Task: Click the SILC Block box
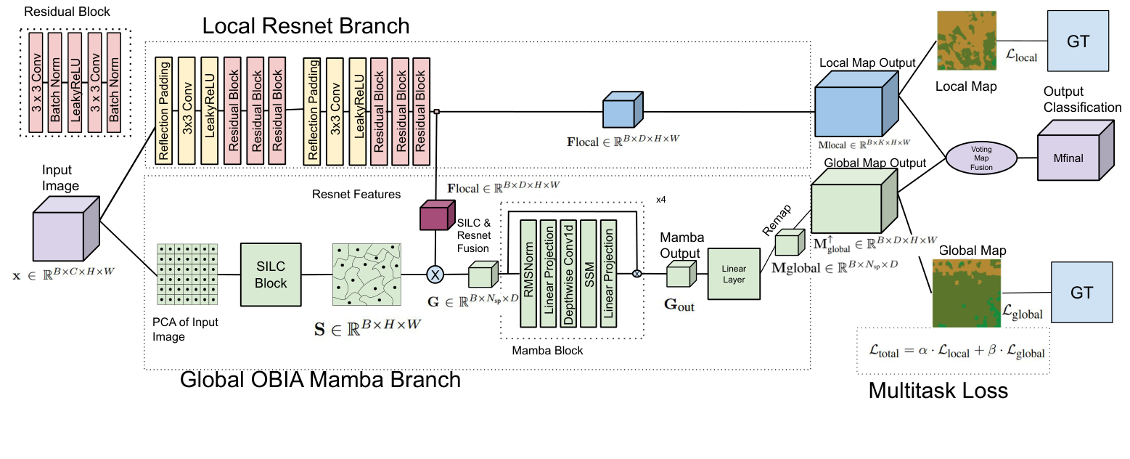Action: (x=270, y=275)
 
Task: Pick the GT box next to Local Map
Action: (x=1078, y=41)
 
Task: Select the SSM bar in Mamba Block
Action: (x=590, y=275)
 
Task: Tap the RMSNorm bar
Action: (x=531, y=275)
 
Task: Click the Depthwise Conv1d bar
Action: (x=570, y=275)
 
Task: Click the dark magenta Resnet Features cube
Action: (x=436, y=216)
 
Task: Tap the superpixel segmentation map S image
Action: (x=365, y=275)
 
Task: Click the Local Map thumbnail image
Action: (x=966, y=41)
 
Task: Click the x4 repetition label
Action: (x=660, y=198)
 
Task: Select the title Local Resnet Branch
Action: (x=306, y=27)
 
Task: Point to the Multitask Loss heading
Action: (x=938, y=391)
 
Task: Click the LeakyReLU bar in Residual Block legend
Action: (x=75, y=82)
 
